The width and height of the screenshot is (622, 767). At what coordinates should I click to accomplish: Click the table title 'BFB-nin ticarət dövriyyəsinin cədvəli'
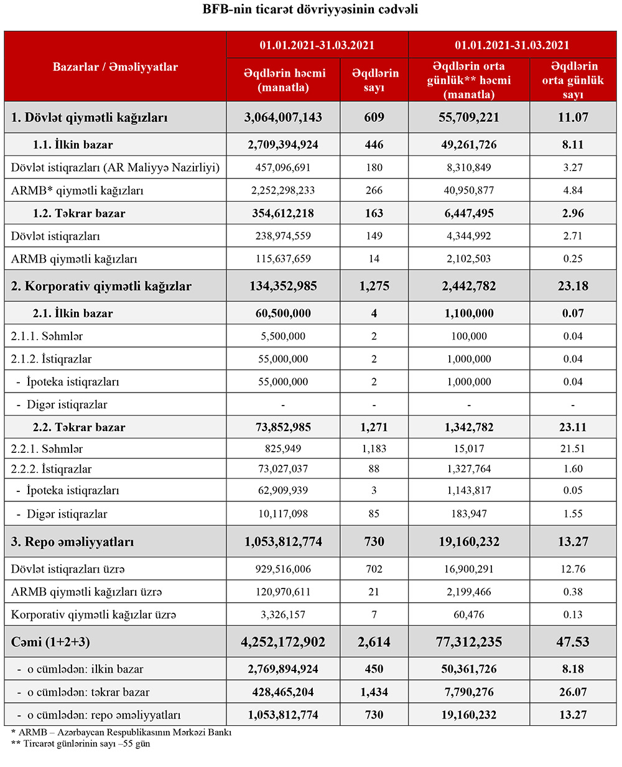pyautogui.click(x=310, y=9)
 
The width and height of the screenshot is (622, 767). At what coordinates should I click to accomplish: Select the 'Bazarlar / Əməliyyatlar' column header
pyautogui.click(x=115, y=67)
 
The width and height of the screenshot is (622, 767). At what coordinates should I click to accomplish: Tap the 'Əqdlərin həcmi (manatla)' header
pyautogui.click(x=284, y=80)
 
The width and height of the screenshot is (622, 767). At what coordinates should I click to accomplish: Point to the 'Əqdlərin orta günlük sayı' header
pyautogui.click(x=572, y=80)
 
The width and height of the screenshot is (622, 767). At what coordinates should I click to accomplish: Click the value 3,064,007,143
pyautogui.click(x=284, y=118)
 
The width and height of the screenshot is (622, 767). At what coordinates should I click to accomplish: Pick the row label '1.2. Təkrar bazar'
pyautogui.click(x=79, y=213)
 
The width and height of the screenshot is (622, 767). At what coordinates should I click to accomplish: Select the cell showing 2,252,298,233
pyautogui.click(x=284, y=190)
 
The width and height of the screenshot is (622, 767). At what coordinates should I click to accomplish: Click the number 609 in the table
pyautogui.click(x=374, y=118)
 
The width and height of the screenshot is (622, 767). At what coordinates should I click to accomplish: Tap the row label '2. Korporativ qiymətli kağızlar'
pyautogui.click(x=101, y=287)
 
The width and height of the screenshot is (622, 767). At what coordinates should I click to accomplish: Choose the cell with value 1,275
pyautogui.click(x=374, y=287)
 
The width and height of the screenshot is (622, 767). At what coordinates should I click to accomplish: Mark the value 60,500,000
pyautogui.click(x=284, y=314)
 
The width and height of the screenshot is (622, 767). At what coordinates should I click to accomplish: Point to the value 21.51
pyautogui.click(x=572, y=449)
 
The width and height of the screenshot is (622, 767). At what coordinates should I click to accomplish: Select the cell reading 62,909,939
pyautogui.click(x=284, y=490)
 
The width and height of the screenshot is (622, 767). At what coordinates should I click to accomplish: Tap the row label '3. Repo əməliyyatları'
pyautogui.click(x=72, y=542)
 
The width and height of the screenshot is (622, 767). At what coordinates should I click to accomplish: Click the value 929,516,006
pyautogui.click(x=284, y=569)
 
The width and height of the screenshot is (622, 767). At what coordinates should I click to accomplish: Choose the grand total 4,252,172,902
pyautogui.click(x=284, y=642)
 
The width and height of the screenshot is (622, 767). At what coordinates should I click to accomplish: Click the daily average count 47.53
pyautogui.click(x=572, y=642)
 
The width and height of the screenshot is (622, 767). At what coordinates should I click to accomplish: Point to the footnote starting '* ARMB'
pyautogui.click(x=121, y=732)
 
